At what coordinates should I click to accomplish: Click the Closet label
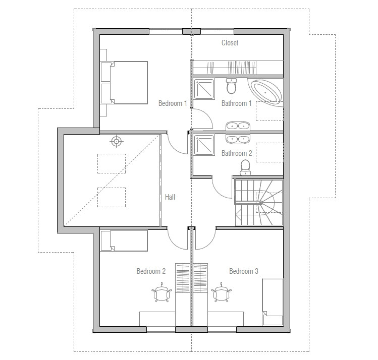pyautogui.click(x=230, y=43)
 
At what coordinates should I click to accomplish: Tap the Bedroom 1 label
pyautogui.click(x=173, y=103)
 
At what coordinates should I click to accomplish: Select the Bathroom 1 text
pyautogui.click(x=237, y=103)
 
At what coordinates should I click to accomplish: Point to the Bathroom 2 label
pyautogui.click(x=237, y=153)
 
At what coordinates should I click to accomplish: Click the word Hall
pyautogui.click(x=170, y=197)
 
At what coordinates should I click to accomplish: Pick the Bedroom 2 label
pyautogui.click(x=151, y=271)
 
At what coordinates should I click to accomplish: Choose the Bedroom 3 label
pyautogui.click(x=244, y=271)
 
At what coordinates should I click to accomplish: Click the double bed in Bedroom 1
pyautogui.click(x=124, y=83)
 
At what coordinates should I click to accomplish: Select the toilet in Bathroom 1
pyautogui.click(x=232, y=86)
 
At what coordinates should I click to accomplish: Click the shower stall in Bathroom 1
pyautogui.click(x=204, y=89)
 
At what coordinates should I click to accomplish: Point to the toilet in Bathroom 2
pyautogui.click(x=245, y=167)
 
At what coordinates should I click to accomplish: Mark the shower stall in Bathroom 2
pyautogui.click(x=204, y=145)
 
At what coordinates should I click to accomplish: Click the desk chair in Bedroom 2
pyautogui.click(x=162, y=292)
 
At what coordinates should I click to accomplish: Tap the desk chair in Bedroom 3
pyautogui.click(x=222, y=292)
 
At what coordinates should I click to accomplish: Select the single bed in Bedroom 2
pyautogui.click(x=124, y=241)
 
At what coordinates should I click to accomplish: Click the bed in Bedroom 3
pyautogui.click(x=273, y=302)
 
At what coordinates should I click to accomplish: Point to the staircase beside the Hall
pyautogui.click(x=259, y=203)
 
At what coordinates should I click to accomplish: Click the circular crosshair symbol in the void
pyautogui.click(x=117, y=141)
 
